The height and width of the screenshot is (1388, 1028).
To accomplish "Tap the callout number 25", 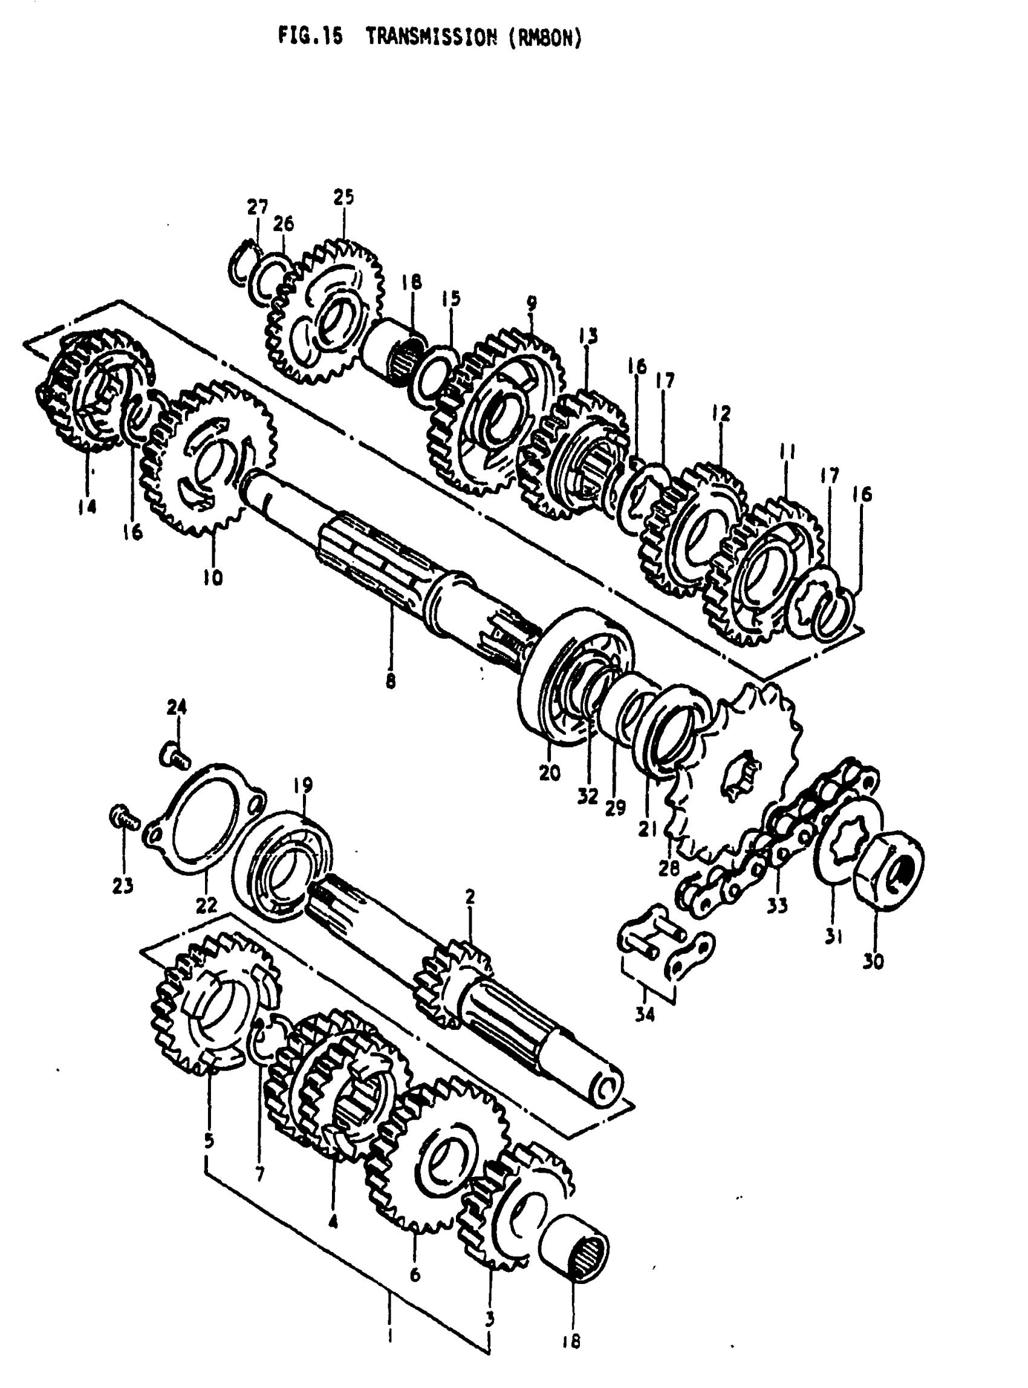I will point(343,197).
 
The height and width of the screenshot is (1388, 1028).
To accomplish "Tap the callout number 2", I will point(470,897).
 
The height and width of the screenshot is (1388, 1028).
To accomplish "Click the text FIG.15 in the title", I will point(310,38).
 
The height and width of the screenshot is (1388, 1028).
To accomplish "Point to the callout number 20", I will point(550,773).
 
